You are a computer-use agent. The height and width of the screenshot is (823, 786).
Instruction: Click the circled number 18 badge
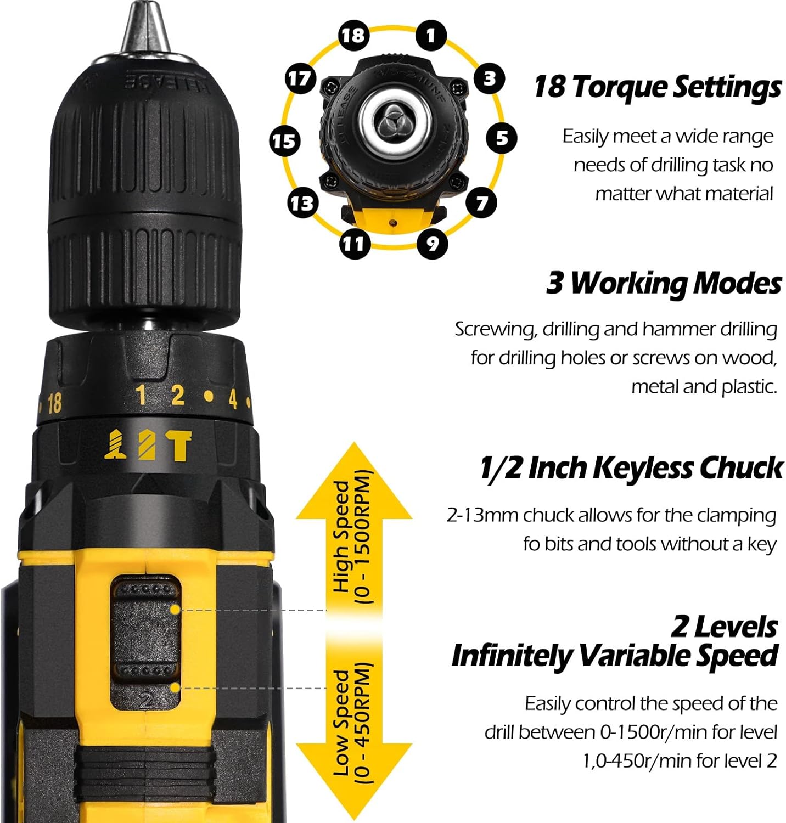(x=353, y=35)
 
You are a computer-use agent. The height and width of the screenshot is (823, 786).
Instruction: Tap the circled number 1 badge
(x=431, y=35)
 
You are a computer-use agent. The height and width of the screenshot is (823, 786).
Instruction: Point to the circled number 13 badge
(x=302, y=204)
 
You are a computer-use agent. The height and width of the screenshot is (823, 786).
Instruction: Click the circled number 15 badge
(x=284, y=142)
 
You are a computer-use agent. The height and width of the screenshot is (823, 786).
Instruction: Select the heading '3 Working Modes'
(x=664, y=284)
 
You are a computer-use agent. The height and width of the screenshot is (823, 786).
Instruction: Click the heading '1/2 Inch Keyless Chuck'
(x=631, y=468)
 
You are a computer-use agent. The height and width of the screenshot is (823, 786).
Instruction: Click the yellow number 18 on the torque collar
(x=54, y=404)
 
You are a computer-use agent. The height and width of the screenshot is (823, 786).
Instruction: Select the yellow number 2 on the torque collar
(x=177, y=395)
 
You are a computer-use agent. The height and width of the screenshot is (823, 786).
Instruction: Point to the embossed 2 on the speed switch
(x=146, y=701)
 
